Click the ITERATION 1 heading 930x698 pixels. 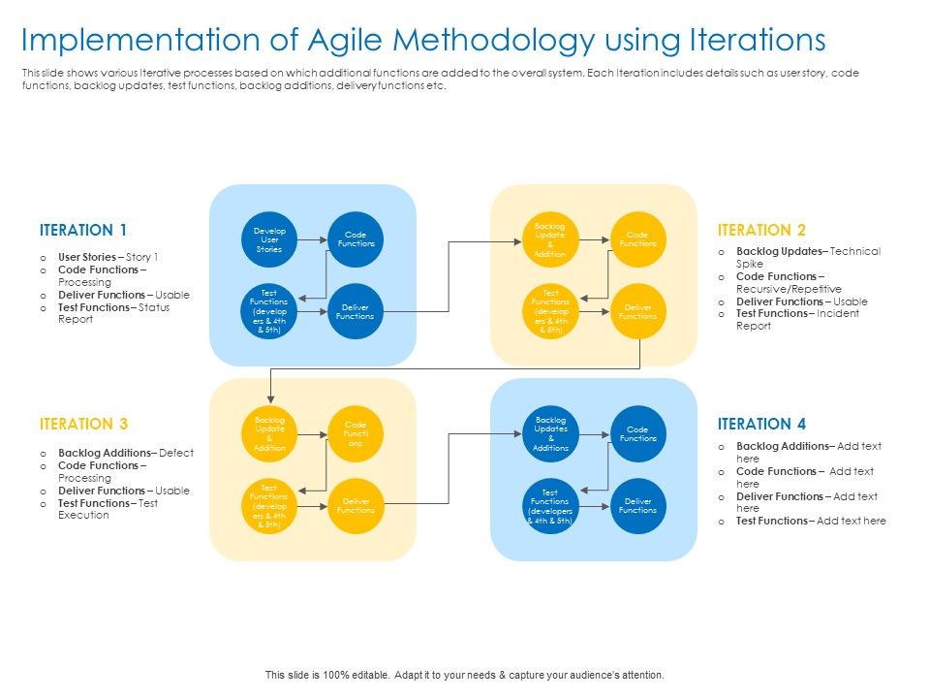pos(83,231)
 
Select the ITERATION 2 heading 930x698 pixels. pos(761,231)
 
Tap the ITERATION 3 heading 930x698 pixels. pos(83,425)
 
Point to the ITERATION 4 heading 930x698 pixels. pos(761,425)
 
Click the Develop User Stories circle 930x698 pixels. pos(269,239)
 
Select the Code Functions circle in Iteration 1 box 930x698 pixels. pos(356,239)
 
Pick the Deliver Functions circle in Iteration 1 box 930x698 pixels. pos(356,311)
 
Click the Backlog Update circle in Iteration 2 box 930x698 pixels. pos(550,239)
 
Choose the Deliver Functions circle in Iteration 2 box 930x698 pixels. pos(637,311)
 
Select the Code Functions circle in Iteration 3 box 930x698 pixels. pos(356,433)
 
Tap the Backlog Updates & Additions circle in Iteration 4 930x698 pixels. pos(550,433)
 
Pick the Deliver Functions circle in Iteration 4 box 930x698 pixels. pos(637,506)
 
